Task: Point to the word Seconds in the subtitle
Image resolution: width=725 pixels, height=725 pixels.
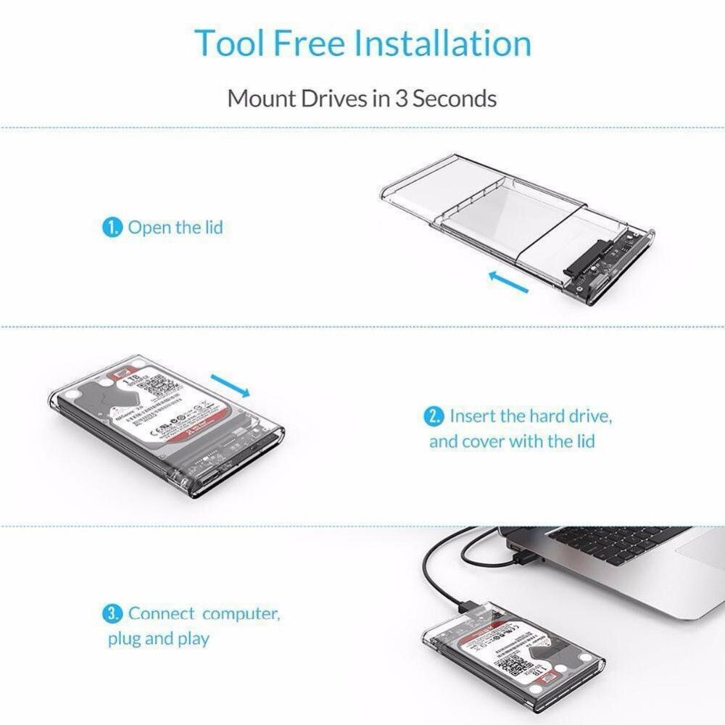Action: click(x=455, y=98)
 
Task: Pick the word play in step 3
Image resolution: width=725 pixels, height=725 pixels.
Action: click(x=191, y=639)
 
